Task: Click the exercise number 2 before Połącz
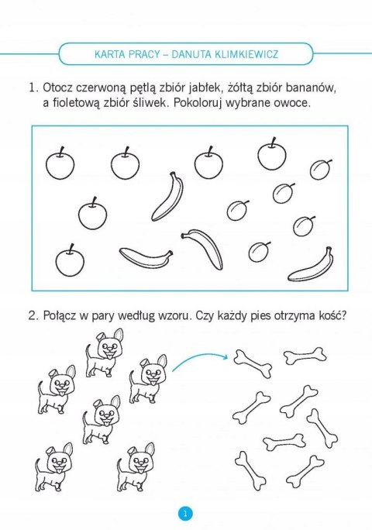click(33, 317)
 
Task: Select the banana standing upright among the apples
click(167, 195)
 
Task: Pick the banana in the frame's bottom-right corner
click(311, 265)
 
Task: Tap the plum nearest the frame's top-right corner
click(320, 168)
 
